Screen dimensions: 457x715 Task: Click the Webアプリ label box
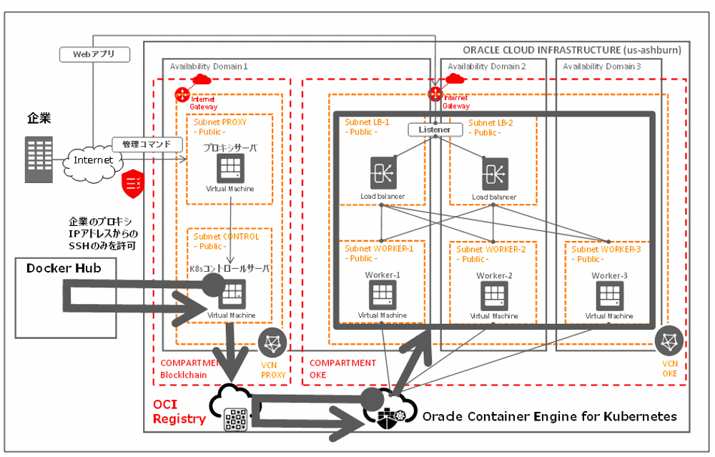tap(93, 54)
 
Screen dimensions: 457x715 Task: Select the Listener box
tap(432, 130)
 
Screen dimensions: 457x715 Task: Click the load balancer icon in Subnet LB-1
tap(383, 174)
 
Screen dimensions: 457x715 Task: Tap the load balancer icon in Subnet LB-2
tap(494, 174)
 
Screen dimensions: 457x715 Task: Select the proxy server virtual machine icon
tap(230, 168)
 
